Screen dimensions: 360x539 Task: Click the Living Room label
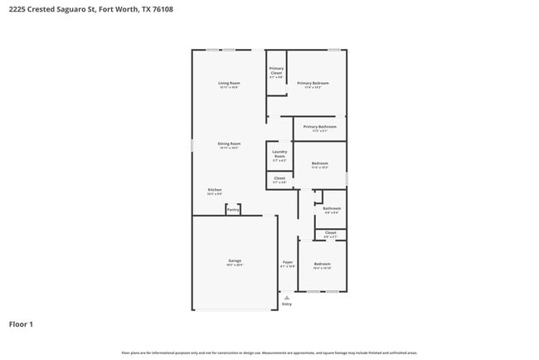tap(229, 83)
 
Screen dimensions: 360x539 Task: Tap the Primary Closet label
tap(276, 71)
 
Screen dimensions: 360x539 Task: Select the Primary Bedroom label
tap(313, 83)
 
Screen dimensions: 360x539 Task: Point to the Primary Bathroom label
tap(319, 127)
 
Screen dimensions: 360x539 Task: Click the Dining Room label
tap(229, 144)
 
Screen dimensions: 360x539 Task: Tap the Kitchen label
tap(215, 190)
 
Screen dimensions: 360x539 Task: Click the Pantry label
tap(233, 210)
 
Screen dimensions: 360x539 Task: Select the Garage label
tap(235, 260)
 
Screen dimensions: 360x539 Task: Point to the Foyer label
tap(287, 262)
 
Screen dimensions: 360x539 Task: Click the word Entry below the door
tap(287, 304)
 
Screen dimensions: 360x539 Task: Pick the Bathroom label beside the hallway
tap(331, 208)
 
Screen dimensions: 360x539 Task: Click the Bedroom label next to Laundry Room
tap(319, 163)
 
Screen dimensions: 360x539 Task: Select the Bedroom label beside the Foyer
tap(322, 264)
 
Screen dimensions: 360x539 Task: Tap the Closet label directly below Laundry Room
tap(279, 178)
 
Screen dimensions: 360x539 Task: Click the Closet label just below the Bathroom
tap(330, 233)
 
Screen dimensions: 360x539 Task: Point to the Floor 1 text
tap(21, 324)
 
